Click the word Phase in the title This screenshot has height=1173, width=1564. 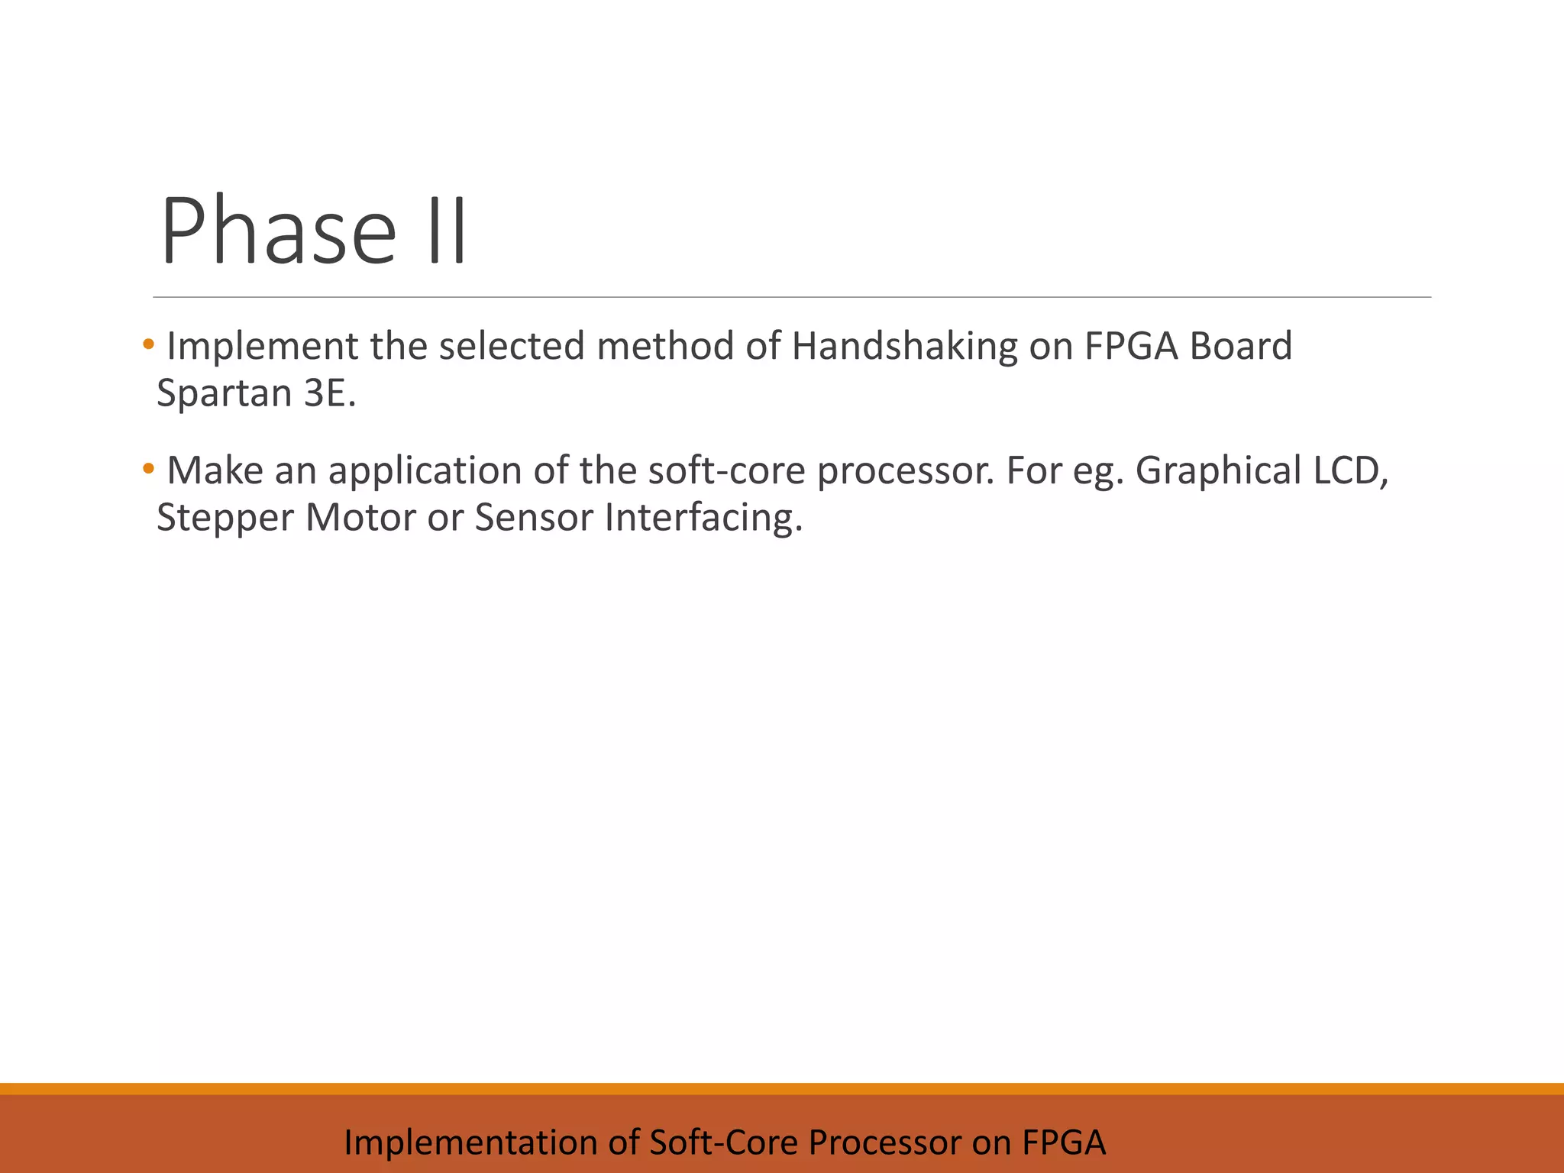278,231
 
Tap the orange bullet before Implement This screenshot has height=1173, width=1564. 148,343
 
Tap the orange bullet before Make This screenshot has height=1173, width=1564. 148,467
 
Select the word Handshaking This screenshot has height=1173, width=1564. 904,346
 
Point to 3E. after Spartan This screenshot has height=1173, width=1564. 330,393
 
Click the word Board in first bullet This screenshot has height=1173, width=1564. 1241,346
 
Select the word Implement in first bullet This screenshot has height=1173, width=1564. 262,346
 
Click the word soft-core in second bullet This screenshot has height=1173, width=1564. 726,470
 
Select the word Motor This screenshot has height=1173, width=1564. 360,518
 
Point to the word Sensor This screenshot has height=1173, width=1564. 534,518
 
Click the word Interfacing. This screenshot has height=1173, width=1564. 703,518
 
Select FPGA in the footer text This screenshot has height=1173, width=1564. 1064,1142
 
